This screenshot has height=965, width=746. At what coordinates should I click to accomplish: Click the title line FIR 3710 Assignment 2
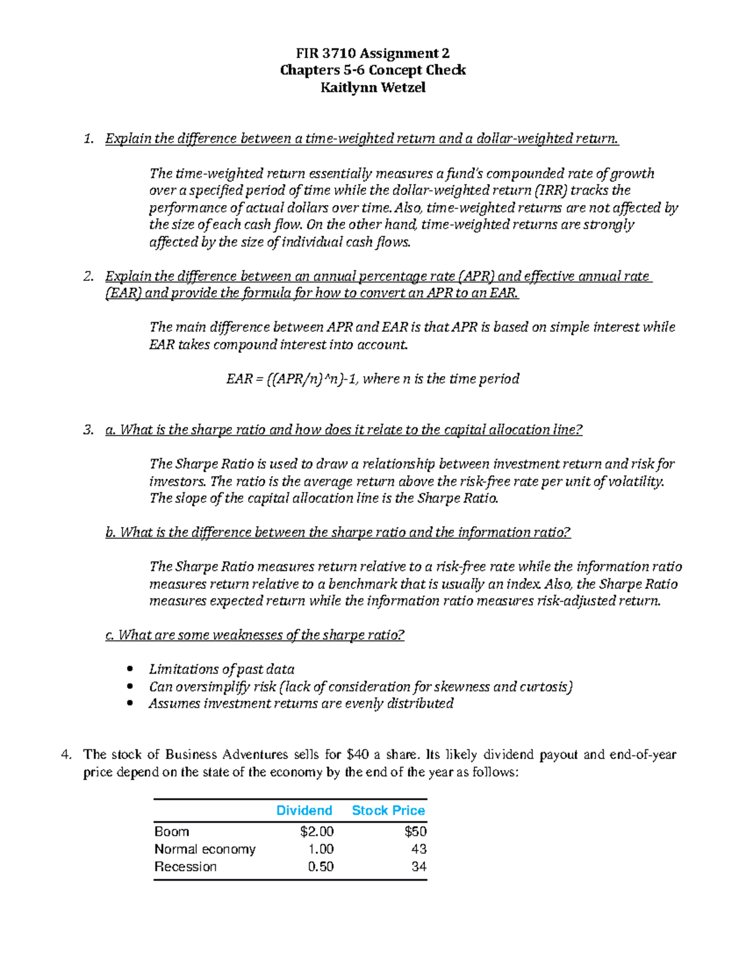click(x=372, y=53)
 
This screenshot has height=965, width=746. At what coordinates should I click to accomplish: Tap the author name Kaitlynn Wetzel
click(x=372, y=88)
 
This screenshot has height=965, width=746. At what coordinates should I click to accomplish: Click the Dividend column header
click(x=304, y=810)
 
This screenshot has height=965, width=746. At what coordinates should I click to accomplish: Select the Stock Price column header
click(x=388, y=810)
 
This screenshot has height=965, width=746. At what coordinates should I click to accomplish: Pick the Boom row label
click(x=172, y=831)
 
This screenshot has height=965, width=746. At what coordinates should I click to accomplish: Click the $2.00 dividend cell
click(x=316, y=831)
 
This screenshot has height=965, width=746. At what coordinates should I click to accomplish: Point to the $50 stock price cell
click(x=415, y=831)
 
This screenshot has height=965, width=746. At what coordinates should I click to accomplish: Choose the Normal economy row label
click(x=205, y=849)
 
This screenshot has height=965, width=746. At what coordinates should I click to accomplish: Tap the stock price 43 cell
click(x=418, y=849)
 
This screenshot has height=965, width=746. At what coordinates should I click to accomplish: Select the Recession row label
click(x=185, y=866)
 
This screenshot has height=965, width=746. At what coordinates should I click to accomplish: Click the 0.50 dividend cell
click(x=321, y=866)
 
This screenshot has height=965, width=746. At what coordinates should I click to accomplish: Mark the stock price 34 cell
click(x=418, y=866)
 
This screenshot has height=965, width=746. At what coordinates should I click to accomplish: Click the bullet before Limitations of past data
click(x=129, y=669)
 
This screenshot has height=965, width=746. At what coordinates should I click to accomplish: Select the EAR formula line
click(x=372, y=378)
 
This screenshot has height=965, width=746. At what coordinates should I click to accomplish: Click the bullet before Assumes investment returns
click(x=129, y=703)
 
